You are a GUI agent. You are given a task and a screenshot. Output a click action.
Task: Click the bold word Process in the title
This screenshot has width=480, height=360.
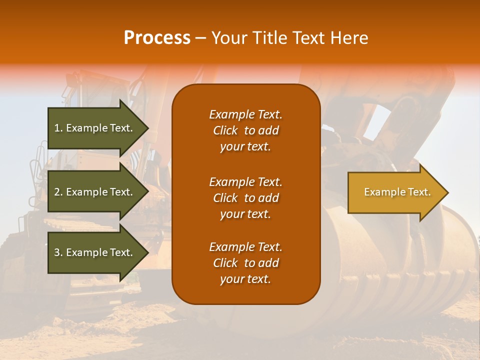(x=157, y=38)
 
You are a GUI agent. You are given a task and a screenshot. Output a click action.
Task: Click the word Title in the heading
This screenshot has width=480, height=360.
(x=270, y=38)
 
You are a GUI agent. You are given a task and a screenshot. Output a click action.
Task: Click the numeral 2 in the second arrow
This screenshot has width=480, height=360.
(x=57, y=192)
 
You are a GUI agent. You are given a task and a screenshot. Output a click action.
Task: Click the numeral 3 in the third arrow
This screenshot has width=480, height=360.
(x=57, y=252)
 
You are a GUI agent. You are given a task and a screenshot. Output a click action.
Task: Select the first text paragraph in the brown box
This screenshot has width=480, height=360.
(x=245, y=130)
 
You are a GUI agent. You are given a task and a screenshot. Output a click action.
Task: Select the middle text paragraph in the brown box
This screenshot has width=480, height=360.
(x=245, y=198)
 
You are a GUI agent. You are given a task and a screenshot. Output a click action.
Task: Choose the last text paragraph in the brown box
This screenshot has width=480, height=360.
(x=245, y=263)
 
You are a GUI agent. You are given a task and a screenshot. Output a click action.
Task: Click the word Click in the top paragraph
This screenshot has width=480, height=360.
(x=225, y=131)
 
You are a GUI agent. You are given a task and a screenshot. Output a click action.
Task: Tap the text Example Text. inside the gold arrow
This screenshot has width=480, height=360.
(x=397, y=192)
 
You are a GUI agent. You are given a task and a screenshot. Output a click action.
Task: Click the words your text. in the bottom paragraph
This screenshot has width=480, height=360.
(x=245, y=279)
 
